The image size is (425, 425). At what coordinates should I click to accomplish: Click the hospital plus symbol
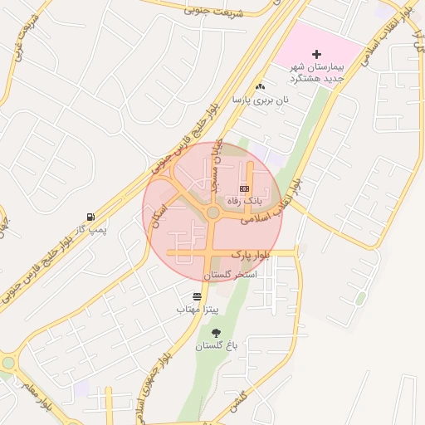[x=316, y=54]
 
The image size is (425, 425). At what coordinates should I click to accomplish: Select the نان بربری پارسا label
[x=261, y=100]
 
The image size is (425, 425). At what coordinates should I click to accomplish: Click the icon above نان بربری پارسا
[x=261, y=86]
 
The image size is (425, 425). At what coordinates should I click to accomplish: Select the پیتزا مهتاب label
[x=197, y=309]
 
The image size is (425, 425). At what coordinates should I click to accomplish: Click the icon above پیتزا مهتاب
[x=197, y=296]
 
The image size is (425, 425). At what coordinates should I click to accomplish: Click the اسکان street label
[x=159, y=217]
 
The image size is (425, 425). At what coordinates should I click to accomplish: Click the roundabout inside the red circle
[x=213, y=213]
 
